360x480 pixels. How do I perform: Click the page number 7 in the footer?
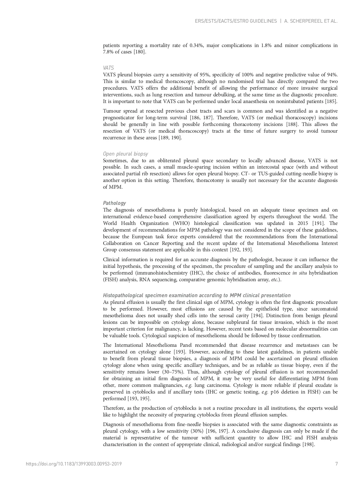pyautogui.click(x=337, y=464)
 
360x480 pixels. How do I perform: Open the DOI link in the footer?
pyautogui.click(x=74, y=464)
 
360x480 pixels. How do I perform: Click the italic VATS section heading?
pyautogui.click(x=108, y=68)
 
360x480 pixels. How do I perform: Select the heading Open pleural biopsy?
pyautogui.click(x=125, y=154)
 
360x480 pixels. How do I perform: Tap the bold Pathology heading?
pyautogui.click(x=114, y=203)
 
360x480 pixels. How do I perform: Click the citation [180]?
pyautogui.click(x=140, y=52)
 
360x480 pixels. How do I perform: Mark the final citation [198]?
pyautogui.click(x=308, y=444)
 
